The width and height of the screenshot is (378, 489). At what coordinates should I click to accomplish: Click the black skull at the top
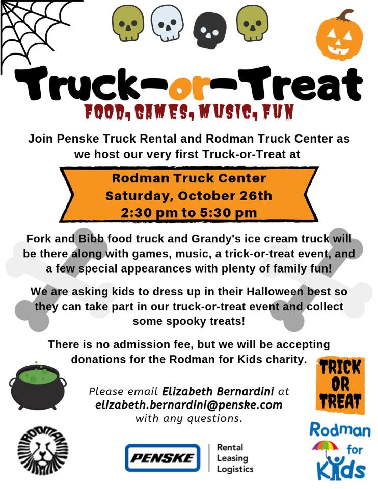(x=209, y=31)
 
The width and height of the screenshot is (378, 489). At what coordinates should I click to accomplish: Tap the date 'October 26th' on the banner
(x=225, y=196)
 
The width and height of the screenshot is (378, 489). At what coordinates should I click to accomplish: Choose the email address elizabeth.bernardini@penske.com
(x=189, y=405)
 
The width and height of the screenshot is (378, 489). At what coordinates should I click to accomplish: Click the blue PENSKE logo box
(x=163, y=457)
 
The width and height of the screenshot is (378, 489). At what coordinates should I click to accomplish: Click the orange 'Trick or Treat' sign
(x=340, y=385)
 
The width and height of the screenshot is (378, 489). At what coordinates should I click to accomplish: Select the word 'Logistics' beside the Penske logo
(x=235, y=469)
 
